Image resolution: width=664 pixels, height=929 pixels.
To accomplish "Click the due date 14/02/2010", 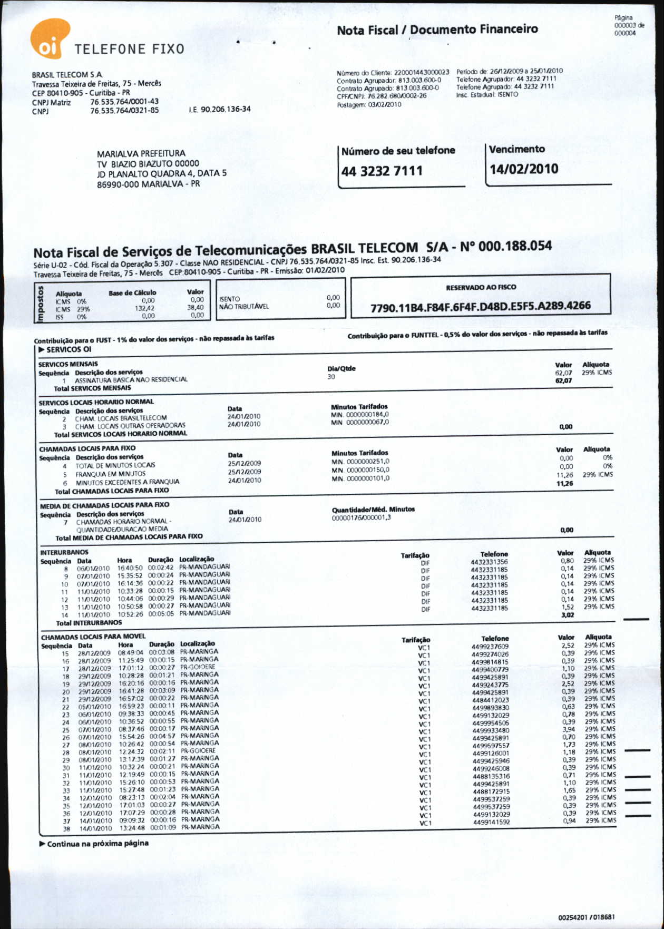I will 523,169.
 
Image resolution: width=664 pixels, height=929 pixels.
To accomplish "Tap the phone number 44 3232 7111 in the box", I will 382,171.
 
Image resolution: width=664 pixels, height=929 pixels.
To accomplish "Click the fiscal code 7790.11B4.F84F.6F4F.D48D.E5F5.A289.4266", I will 480,306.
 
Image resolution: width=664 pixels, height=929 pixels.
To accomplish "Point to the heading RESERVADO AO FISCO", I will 481,287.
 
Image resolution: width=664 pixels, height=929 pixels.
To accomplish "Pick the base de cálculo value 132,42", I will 144,308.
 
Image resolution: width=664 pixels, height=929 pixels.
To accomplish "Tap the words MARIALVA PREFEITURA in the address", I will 141,153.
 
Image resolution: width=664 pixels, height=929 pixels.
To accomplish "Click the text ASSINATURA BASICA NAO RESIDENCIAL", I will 131,379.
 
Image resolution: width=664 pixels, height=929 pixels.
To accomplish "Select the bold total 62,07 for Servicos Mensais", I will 563,380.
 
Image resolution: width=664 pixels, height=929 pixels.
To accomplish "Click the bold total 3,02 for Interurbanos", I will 567,615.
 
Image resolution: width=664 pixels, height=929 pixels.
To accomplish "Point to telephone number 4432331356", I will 489,562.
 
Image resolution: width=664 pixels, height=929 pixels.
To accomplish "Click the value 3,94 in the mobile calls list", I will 568,729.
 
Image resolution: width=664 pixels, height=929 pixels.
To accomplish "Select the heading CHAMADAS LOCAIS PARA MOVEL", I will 93,637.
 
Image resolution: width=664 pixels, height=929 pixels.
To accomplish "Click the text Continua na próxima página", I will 97,843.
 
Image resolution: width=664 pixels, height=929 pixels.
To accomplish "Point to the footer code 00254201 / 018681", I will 586,917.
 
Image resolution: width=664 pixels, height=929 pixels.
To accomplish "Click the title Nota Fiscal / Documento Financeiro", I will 437,30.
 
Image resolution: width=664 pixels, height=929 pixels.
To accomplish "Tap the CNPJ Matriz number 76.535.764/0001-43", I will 124,102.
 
